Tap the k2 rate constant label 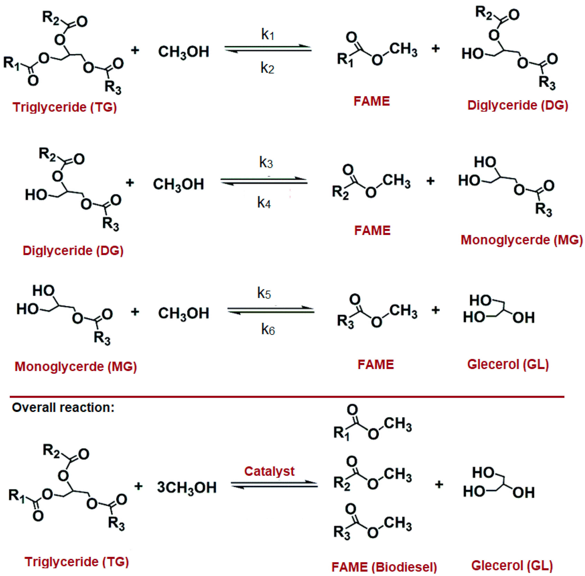(x=267, y=68)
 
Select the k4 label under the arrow (x=264, y=202)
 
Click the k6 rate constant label (x=268, y=329)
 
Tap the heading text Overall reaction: (x=63, y=407)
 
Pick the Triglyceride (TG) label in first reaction (x=64, y=107)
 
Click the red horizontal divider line (x=287, y=396)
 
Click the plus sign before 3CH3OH (x=138, y=486)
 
